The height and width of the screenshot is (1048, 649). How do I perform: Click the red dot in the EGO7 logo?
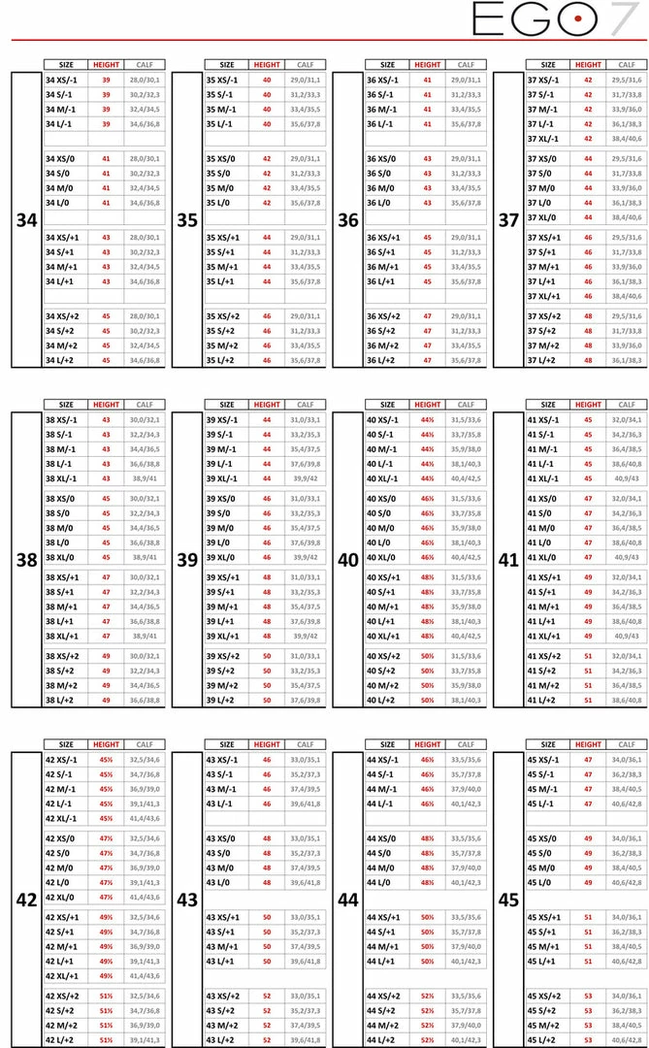[578, 18]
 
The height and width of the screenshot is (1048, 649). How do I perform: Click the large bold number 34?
[27, 220]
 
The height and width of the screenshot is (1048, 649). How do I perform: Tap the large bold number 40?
[348, 560]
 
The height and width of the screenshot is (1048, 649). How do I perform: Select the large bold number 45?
[509, 900]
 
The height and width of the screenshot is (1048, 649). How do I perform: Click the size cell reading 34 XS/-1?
[64, 81]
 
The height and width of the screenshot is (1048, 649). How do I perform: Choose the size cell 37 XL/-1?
[546, 139]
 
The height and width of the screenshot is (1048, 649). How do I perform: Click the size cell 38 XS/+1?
[64, 577]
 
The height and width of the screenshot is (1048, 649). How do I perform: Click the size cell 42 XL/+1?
[65, 976]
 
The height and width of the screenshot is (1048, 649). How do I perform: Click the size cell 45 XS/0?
[544, 838]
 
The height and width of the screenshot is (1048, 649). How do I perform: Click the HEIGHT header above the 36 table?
[427, 65]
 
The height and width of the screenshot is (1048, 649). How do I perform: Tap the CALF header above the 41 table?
[626, 405]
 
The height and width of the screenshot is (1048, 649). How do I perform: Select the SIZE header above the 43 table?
[226, 744]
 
